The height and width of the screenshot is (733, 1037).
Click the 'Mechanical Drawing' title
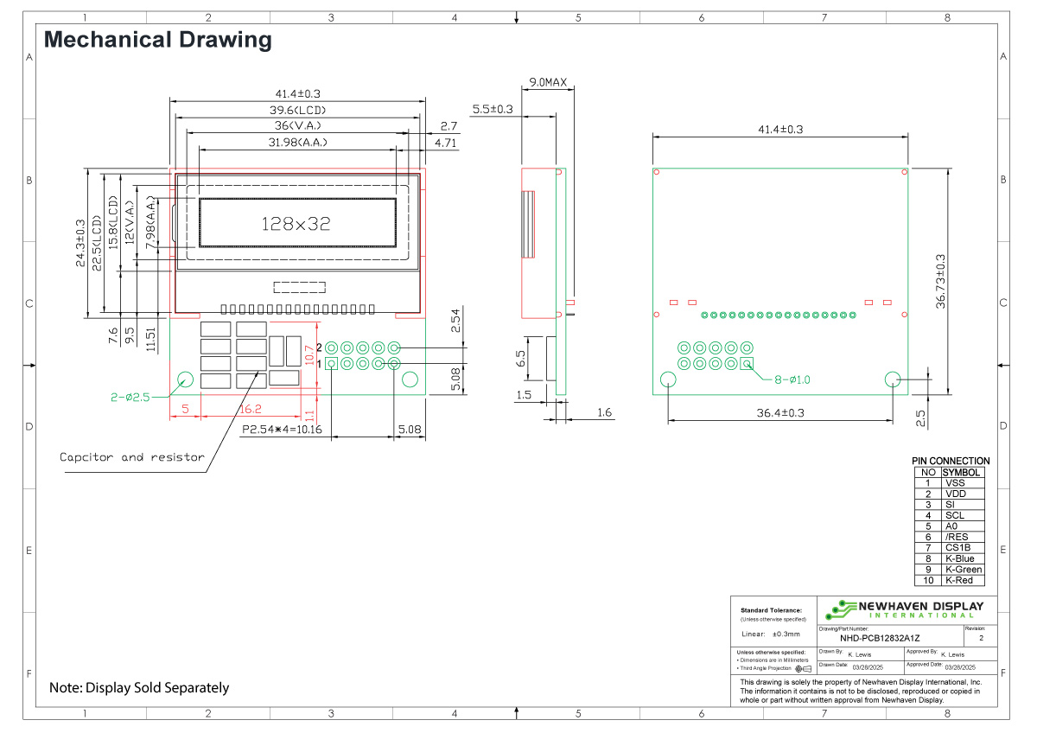coord(157,40)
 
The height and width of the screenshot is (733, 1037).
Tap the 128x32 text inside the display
coord(296,224)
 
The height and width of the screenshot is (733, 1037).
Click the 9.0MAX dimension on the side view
coord(548,83)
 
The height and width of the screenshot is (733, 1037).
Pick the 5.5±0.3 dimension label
coord(492,110)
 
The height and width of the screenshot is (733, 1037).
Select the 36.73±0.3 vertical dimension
coord(941,281)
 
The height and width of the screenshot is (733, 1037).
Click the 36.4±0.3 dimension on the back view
coord(780,413)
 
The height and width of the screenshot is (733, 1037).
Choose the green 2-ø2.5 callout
coord(130,398)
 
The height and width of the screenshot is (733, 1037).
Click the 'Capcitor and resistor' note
coord(131,457)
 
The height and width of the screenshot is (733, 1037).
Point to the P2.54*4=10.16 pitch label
coord(281,429)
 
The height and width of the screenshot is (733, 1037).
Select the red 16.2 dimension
coord(251,409)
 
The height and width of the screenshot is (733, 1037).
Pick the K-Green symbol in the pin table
coord(963,570)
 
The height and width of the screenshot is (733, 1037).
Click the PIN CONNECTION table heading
coord(951,462)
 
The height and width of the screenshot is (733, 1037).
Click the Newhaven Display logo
coord(904,609)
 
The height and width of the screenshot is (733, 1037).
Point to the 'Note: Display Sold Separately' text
coord(139,688)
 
